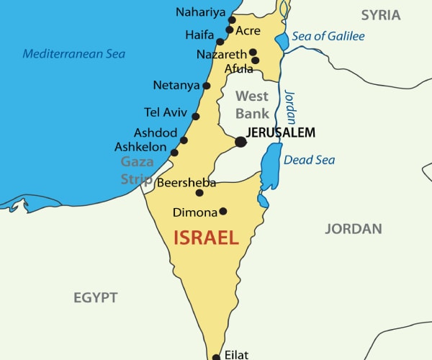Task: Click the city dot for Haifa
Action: (x=220, y=42)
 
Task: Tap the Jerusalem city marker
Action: (x=240, y=142)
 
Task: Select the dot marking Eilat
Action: (x=215, y=356)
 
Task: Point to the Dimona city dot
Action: (x=223, y=211)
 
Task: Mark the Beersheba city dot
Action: (x=199, y=192)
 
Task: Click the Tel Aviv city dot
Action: (x=196, y=116)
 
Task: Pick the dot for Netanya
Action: (x=207, y=86)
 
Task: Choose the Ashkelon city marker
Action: (x=174, y=153)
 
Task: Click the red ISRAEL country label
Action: (x=206, y=238)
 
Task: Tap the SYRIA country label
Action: (x=381, y=14)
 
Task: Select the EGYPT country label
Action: (x=95, y=297)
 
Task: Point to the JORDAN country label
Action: (x=353, y=229)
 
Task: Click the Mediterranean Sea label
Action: (x=73, y=53)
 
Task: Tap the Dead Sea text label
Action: (x=309, y=160)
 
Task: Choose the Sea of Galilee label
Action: (x=329, y=37)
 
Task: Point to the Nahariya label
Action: (x=200, y=12)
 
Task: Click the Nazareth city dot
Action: (x=253, y=53)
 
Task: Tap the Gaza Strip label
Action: (x=137, y=170)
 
